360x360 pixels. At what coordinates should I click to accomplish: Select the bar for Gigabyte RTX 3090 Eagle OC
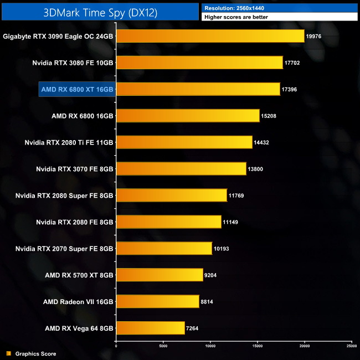210,36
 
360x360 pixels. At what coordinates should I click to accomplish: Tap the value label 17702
292,63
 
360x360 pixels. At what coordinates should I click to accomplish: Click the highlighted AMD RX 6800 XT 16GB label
77,89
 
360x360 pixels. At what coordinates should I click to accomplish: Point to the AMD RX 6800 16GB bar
188,116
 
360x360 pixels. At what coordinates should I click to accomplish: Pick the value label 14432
263,142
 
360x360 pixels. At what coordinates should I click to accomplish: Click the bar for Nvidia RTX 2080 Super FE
171,196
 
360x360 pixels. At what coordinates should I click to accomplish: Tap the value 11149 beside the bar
231,222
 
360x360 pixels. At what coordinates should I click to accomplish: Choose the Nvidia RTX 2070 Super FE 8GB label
64,249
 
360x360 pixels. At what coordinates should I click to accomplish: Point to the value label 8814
208,302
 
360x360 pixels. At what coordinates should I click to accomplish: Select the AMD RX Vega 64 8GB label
79,328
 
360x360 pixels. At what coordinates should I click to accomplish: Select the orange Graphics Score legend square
8,353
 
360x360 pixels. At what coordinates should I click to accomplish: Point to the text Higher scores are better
233,17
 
